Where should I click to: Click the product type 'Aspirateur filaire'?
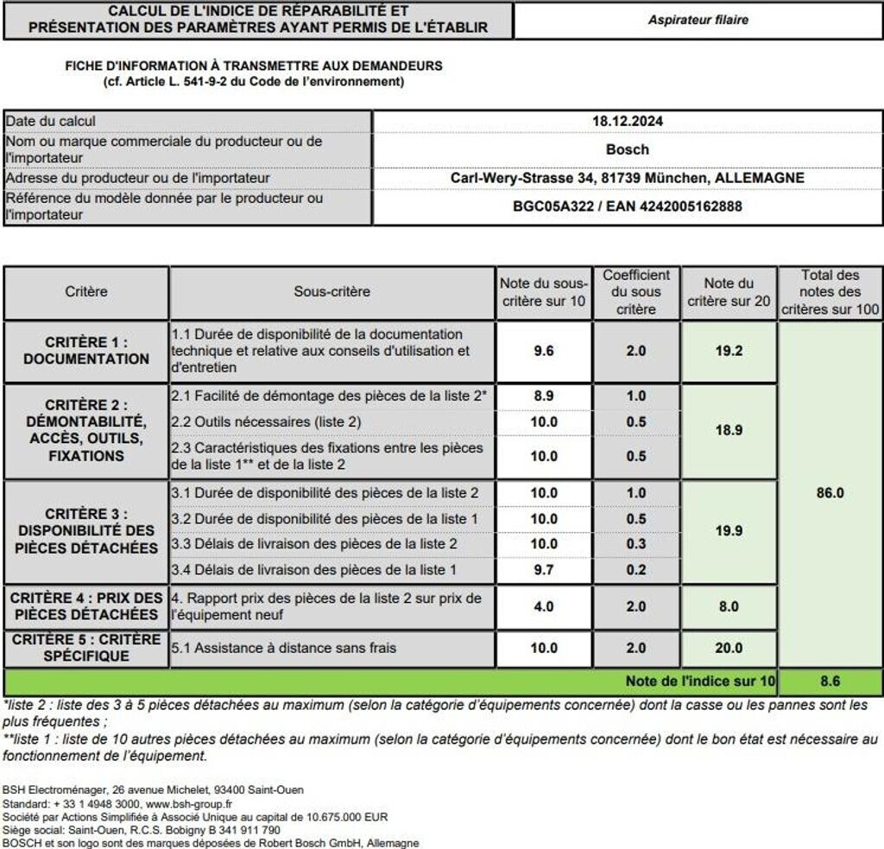coord(698,19)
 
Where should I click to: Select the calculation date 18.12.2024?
coord(627,121)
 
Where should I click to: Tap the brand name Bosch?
coord(627,149)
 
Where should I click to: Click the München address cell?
coord(627,178)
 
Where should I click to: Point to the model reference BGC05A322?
coord(552,206)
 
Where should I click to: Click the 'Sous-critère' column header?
coord(331,292)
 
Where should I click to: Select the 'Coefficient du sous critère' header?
coord(636,292)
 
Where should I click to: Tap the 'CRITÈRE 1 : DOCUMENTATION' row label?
coord(86,351)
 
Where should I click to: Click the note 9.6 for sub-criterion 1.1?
coord(544,351)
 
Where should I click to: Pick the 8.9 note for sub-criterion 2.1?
coord(544,396)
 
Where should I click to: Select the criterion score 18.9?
coord(729,430)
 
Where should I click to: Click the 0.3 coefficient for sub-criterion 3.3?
coord(636,544)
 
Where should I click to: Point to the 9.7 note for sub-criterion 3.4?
coord(544,570)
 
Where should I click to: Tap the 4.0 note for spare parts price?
coord(544,606)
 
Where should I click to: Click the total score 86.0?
coord(830,492)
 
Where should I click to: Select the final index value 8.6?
coord(830,681)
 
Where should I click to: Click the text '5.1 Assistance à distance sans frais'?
coord(285,648)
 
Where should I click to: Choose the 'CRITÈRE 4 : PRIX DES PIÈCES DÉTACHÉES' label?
coord(86,606)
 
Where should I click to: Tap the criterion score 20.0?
coord(729,648)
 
